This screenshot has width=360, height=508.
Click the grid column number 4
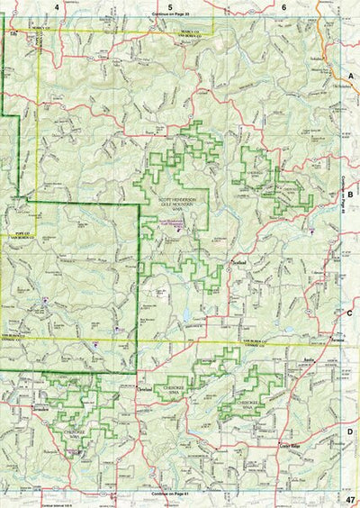57,7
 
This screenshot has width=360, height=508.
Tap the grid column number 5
171,7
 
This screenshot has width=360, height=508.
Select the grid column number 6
284,7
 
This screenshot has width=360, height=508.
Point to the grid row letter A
351,77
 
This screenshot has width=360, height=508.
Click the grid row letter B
351,193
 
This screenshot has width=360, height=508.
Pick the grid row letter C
351,313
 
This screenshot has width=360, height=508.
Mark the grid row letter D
351,431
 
